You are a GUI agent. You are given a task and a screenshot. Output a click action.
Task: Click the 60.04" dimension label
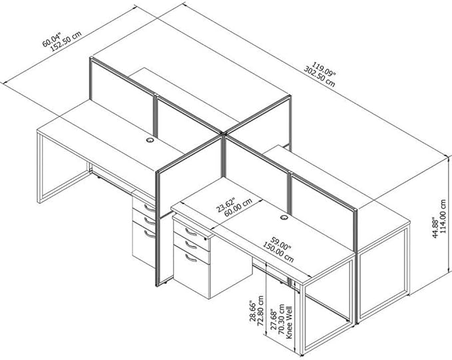pos(52,39)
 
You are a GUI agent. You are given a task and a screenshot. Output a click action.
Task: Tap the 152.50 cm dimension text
pos(66,41)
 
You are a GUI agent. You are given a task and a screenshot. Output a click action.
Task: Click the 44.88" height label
pos(435,228)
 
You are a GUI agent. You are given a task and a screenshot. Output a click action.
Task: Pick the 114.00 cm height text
pos(443,216)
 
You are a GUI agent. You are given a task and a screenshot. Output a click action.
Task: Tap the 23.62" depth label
pos(226,204)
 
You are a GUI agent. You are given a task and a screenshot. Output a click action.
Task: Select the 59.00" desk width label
pos(281,243)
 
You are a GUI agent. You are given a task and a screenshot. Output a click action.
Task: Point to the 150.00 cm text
pos(278,252)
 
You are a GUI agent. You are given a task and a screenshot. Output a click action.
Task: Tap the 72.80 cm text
pos(260,310)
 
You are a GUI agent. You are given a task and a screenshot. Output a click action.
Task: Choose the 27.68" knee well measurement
pos(274,321)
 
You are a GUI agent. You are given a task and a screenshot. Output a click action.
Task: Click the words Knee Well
pos(289,323)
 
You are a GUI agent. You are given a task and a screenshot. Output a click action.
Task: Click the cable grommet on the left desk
pos(150,140)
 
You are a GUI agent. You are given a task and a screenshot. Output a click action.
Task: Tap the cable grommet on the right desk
pos(284,218)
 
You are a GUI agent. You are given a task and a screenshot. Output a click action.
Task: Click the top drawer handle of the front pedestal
pos(191,232)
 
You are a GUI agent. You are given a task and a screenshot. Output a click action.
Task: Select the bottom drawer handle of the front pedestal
pos(191,258)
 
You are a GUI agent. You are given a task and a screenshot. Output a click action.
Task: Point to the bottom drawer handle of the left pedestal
pos(150,234)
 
